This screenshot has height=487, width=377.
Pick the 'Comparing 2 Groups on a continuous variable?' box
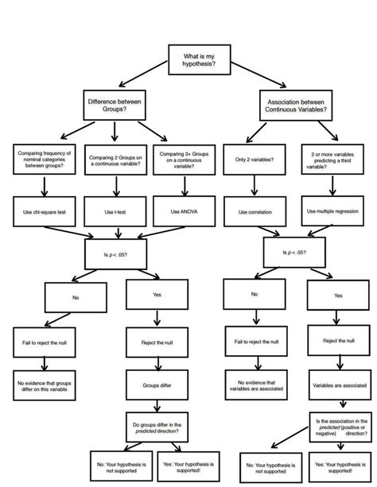[118, 160]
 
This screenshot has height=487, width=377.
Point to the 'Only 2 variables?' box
[255, 160]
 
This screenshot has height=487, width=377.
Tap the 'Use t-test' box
[118, 211]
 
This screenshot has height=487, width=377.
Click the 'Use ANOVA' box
[188, 211]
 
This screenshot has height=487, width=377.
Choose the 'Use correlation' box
[255, 212]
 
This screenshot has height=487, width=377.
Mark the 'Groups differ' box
[157, 385]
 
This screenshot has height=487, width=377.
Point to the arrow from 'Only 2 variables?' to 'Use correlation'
[255, 186]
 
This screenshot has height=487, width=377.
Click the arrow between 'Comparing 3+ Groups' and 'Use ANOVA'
[188, 186]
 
